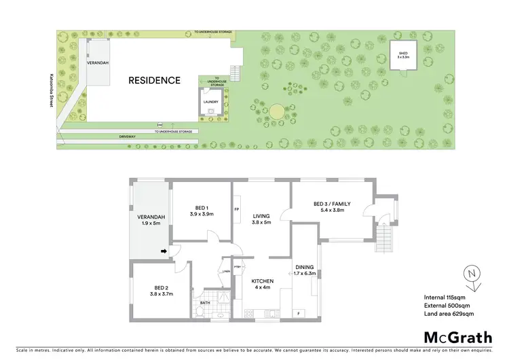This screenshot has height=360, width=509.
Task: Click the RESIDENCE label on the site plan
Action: point(155,80)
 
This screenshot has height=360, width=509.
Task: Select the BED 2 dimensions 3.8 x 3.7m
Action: point(162,294)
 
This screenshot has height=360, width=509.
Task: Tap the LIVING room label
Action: point(262,216)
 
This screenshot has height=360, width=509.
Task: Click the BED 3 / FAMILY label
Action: point(333,203)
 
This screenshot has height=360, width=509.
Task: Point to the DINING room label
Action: point(305,267)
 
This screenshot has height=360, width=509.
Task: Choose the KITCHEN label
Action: point(262,281)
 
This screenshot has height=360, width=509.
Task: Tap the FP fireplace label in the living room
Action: point(236,209)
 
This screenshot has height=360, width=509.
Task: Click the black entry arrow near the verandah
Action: point(164,253)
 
